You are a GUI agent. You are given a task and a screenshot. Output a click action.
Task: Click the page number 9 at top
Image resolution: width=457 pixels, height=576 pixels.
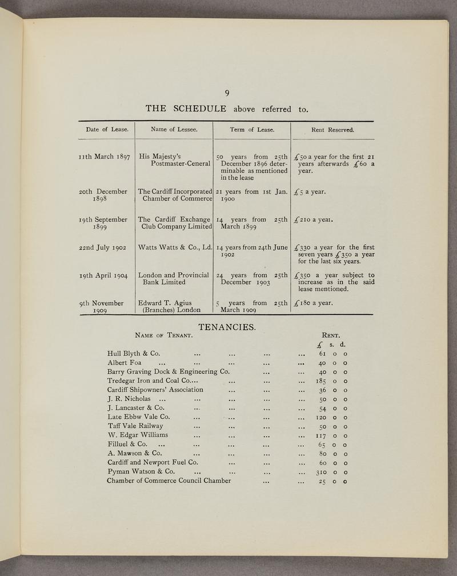tap(227, 94)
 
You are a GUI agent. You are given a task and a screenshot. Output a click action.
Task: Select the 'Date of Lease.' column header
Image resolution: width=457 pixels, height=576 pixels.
tap(107, 130)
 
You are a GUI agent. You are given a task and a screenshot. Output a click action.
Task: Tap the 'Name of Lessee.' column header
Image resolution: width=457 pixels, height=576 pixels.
tap(174, 130)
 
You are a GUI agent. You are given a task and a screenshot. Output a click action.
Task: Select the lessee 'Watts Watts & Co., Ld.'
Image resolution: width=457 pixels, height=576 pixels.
tap(176, 247)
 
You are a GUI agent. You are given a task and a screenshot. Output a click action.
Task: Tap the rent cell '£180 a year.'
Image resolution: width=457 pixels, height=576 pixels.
tap(315, 303)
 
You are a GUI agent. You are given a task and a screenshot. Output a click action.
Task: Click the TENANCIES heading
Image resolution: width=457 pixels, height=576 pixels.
tap(227, 327)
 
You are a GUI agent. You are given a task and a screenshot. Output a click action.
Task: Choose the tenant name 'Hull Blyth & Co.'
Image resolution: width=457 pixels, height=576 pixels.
tap(133, 353)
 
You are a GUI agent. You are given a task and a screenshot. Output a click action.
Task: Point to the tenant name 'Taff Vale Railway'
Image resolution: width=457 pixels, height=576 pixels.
tap(135, 426)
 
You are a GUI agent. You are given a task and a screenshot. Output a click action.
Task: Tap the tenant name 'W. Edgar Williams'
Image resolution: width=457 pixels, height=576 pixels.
tap(138, 435)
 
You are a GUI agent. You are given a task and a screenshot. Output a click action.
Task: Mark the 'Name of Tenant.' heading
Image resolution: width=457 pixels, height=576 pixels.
tap(162, 335)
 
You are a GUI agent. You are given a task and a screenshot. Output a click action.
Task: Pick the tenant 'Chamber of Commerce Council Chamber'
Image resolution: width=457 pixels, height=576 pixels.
tap(169, 481)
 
